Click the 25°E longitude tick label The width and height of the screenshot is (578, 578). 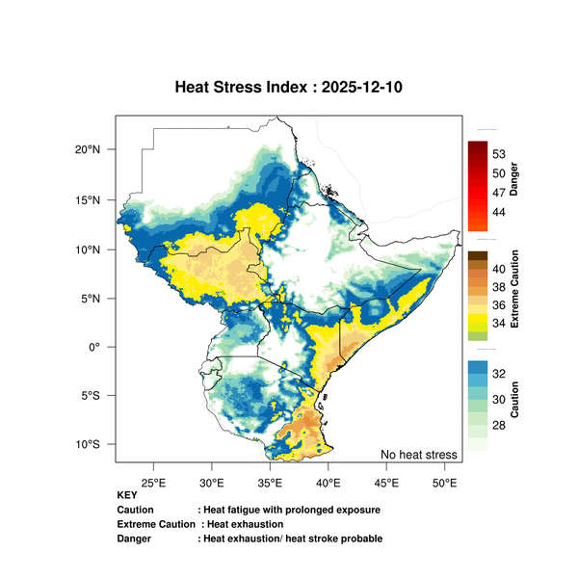tap(154, 481)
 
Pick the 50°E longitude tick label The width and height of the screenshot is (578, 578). tap(444, 481)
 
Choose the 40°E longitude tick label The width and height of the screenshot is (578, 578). tap(328, 481)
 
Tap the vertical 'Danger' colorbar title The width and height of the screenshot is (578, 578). tap(514, 179)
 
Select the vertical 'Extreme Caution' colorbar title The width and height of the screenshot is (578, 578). tap(514, 289)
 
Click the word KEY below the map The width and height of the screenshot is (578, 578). tap(127, 495)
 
